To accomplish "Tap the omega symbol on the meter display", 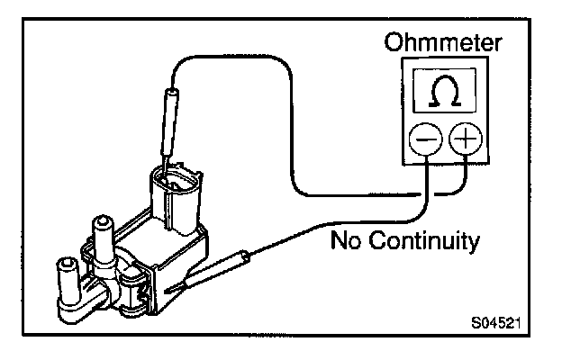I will pos(439,93).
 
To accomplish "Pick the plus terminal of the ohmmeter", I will pos(466,140).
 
